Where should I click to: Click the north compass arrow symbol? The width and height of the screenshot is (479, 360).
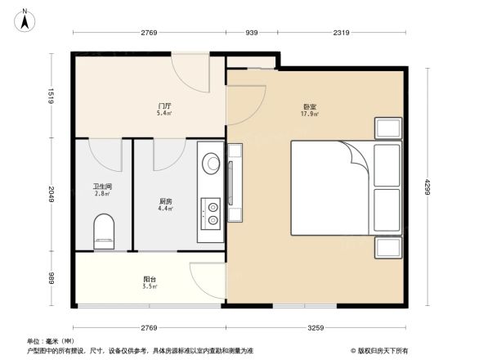(25, 18)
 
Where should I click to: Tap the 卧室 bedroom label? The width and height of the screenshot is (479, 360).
(309, 106)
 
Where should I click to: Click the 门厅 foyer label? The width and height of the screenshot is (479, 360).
(164, 106)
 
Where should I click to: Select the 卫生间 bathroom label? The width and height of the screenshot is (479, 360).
(102, 187)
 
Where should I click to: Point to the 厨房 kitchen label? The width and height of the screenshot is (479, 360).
(164, 200)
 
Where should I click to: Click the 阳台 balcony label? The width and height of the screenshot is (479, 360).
(149, 280)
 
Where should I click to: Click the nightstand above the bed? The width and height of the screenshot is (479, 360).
(387, 128)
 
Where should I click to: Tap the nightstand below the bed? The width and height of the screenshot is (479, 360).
(387, 248)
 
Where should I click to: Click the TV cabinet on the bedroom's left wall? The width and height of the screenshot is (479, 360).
(235, 182)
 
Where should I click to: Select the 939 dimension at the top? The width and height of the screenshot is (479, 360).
(252, 33)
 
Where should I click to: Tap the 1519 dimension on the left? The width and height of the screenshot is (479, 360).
(50, 96)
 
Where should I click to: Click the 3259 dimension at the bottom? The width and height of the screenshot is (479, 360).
(316, 328)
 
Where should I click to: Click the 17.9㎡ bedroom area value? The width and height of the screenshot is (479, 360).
(309, 115)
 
